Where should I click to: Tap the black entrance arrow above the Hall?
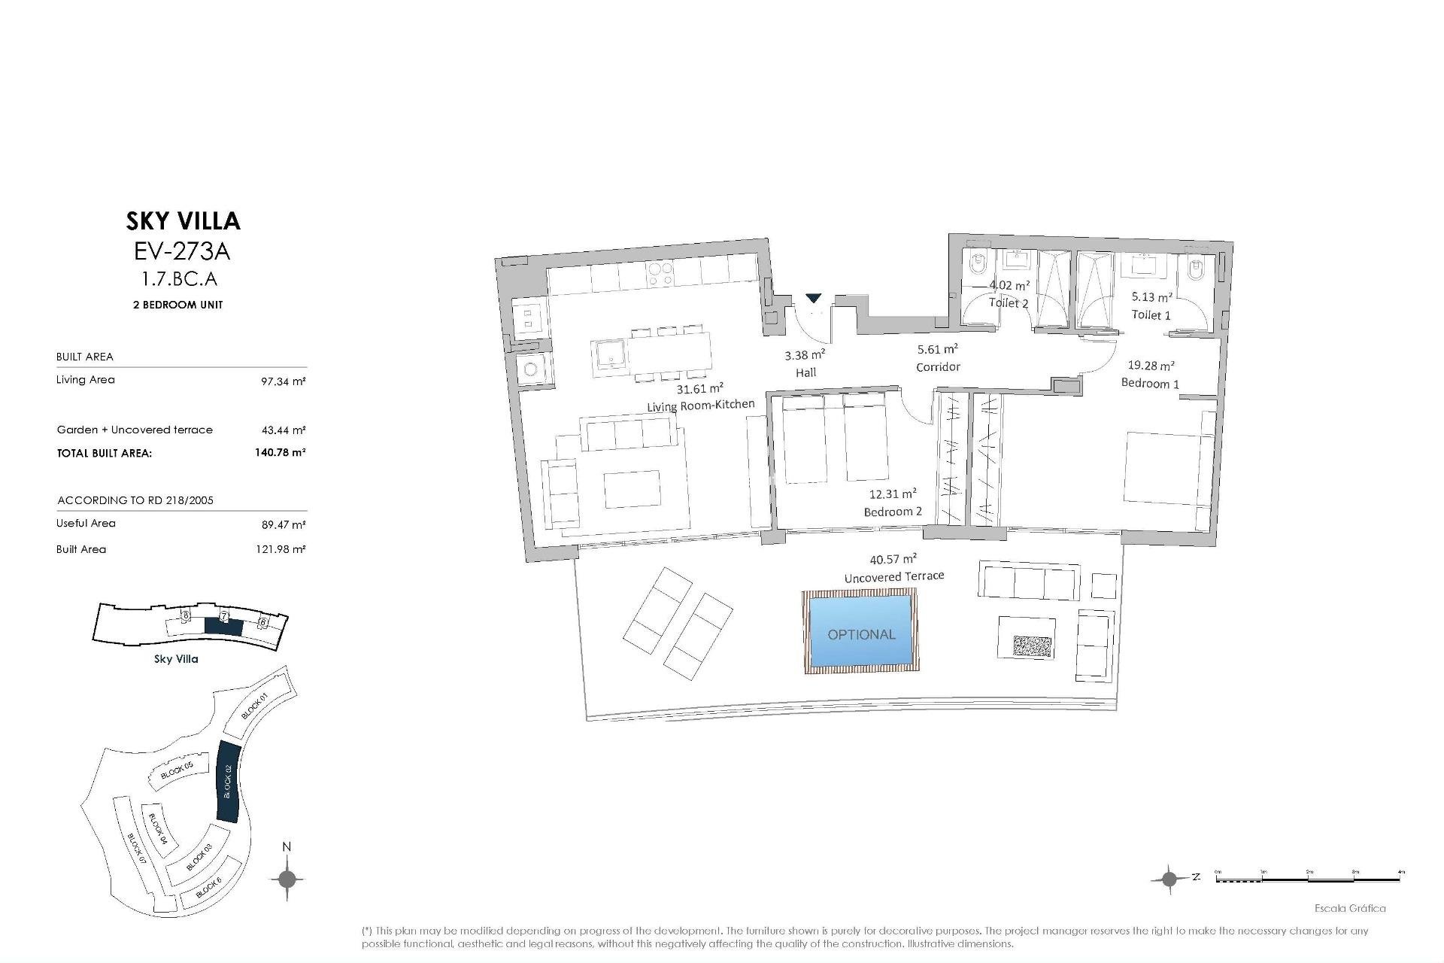click(x=814, y=299)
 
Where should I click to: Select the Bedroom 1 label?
click(x=1150, y=383)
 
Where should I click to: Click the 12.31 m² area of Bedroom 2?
click(x=892, y=494)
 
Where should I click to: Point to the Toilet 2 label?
click(x=1009, y=302)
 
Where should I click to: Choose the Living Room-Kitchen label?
click(x=700, y=406)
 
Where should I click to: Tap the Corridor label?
click(x=938, y=367)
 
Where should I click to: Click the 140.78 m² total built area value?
click(x=280, y=452)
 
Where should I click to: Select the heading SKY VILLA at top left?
click(x=183, y=220)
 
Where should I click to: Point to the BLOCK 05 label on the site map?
click(x=177, y=770)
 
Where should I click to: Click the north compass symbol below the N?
click(x=287, y=878)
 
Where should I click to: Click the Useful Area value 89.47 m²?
click(x=283, y=524)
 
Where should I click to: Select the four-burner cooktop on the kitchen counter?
click(x=660, y=275)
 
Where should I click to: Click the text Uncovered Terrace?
click(x=893, y=576)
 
